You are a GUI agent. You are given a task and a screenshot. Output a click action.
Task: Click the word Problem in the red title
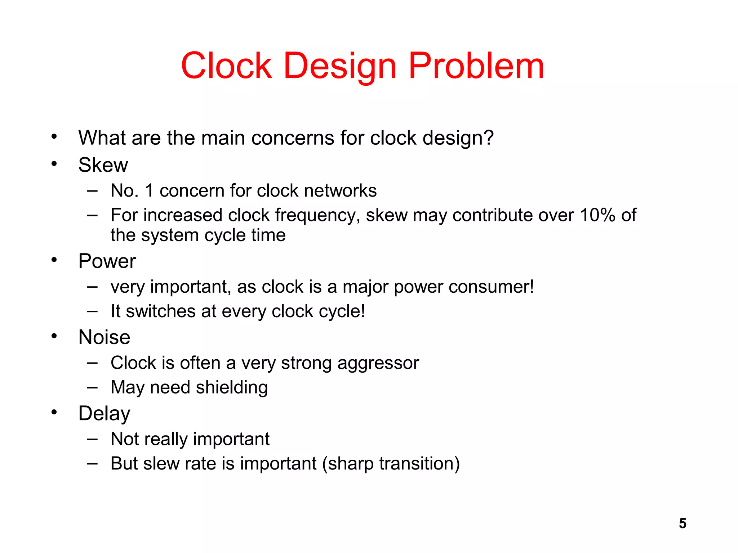coord(476,66)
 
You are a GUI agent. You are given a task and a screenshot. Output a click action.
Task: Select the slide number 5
coord(683,523)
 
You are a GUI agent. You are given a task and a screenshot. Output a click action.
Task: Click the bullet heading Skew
coord(103,165)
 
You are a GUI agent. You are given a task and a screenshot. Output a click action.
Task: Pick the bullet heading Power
coord(107,261)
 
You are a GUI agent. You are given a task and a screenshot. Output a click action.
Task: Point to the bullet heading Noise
coord(104,337)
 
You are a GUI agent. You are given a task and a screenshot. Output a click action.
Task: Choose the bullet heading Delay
coord(104,414)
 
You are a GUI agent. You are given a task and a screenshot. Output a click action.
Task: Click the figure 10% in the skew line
coord(597,215)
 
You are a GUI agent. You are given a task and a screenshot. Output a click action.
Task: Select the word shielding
coord(232,388)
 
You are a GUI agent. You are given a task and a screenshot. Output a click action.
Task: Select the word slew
coord(161,464)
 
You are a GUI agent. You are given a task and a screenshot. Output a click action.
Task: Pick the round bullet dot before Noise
coord(54,336)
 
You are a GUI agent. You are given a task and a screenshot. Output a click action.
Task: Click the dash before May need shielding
coord(92,388)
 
